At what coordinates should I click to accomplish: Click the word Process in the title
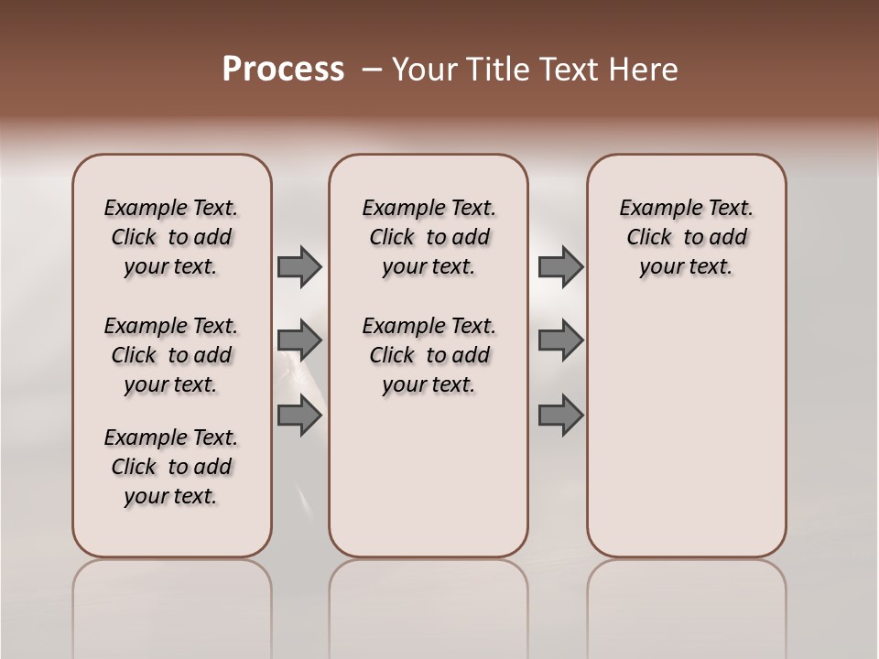pos(283,70)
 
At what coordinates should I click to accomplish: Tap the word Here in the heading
pos(646,70)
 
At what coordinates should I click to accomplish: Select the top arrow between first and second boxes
pos(299,266)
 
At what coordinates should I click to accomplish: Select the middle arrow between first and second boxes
pos(299,340)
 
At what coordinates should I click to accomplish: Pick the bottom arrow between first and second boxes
pos(299,416)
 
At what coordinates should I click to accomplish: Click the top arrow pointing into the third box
pos(560,266)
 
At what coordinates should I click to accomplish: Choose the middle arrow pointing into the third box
pos(560,340)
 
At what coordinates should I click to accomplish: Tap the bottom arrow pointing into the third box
pos(560,416)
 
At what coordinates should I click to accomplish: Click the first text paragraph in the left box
pos(171,237)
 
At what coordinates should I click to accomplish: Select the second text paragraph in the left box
pos(171,355)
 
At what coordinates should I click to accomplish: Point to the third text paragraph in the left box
pos(171,467)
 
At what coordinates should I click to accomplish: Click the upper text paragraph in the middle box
pos(429,237)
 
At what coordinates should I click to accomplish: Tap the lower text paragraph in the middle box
pos(429,355)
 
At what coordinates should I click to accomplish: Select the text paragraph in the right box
pos(686,237)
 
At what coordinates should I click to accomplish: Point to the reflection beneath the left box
pos(172,604)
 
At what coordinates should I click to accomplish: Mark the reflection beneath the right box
pos(686,604)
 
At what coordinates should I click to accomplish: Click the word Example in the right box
pos(654,208)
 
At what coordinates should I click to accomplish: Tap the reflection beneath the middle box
pos(429,604)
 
